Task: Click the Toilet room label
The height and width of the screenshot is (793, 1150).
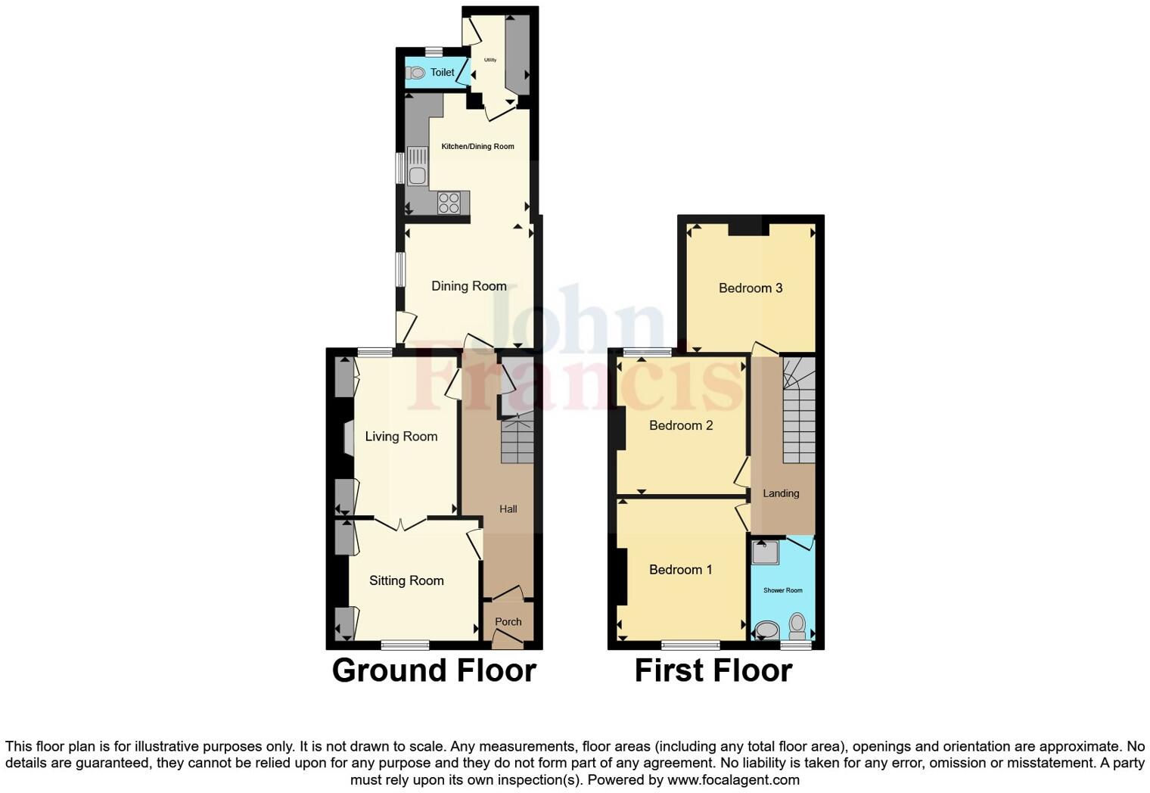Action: point(443,73)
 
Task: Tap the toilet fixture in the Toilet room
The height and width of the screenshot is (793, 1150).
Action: point(415,73)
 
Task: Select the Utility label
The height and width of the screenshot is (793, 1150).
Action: point(490,60)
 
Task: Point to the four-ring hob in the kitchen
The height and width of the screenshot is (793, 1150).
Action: point(449,203)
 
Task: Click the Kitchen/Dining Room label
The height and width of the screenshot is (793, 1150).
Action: point(477,147)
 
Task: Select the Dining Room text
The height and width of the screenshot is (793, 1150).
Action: point(469,286)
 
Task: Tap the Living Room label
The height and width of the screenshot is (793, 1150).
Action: point(401,437)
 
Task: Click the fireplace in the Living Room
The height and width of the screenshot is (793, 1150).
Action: point(349,439)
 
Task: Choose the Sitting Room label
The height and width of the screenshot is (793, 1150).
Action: point(406,580)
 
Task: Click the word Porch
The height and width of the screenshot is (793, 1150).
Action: point(508,622)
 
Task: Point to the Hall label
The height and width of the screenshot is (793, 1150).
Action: point(508,509)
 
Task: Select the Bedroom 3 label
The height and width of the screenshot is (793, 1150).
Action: point(751,288)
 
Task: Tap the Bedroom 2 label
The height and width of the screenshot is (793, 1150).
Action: point(681,425)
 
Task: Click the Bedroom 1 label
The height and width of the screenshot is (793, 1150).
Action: point(680,570)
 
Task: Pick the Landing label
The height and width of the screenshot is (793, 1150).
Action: point(781,493)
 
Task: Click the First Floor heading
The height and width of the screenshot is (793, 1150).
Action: point(713,670)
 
